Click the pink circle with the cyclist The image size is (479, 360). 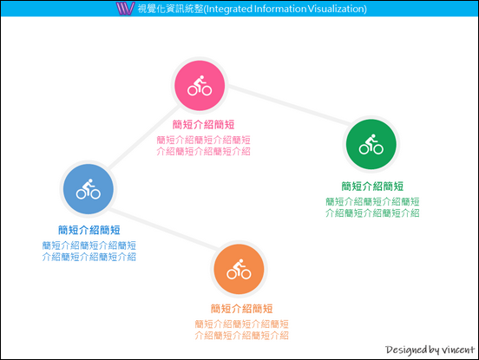(200, 86)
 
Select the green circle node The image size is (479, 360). (371, 144)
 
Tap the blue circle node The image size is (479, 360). (89, 189)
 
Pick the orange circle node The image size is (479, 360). (239, 269)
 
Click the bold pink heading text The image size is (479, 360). (203, 125)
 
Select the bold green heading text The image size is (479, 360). (372, 186)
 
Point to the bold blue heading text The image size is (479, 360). (89, 230)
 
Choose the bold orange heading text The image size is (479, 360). (241, 309)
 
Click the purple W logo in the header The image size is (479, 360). (125, 9)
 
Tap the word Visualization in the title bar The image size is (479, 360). (336, 9)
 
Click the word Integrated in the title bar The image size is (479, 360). (229, 9)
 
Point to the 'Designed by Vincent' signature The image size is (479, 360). (430, 350)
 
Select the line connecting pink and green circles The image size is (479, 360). (289, 105)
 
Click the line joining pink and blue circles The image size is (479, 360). (144, 136)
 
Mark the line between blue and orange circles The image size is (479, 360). (163, 228)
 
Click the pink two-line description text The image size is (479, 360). (203, 146)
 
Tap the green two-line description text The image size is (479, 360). (372, 207)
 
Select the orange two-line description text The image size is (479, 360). (241, 330)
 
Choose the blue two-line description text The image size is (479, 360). (89, 251)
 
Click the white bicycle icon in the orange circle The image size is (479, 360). (239, 269)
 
